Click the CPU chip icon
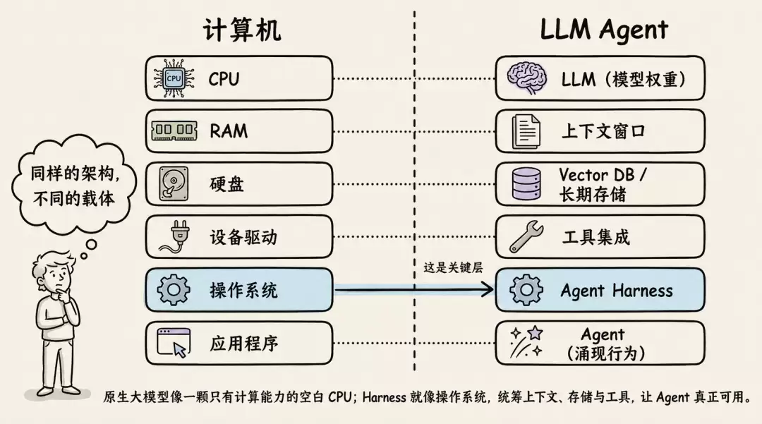[174, 78]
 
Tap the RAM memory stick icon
[174, 131]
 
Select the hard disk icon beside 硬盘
[174, 183]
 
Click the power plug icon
[174, 237]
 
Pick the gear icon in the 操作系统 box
[174, 290]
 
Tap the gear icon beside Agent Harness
[526, 290]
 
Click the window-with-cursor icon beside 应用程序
[174, 343]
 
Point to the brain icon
[527, 78]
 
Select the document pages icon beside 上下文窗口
[526, 131]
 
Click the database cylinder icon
[526, 184]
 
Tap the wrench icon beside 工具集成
[526, 236]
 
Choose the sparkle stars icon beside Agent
[526, 342]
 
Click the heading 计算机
[241, 30]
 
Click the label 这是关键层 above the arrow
[453, 267]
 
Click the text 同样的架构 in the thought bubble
[73, 173]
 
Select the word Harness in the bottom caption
[384, 397]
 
